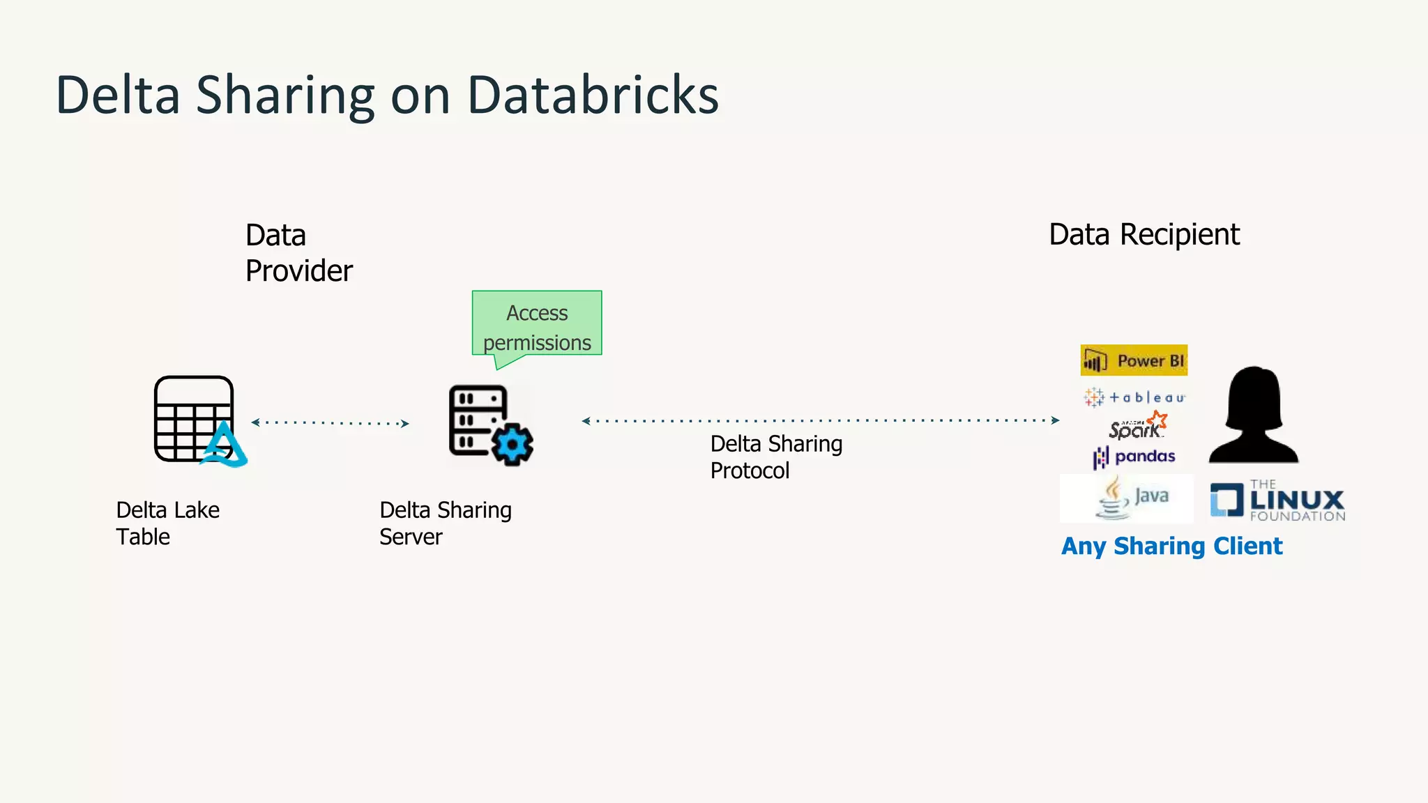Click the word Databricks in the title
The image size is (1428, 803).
point(592,95)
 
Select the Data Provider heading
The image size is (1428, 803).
point(298,252)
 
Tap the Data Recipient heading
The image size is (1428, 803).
point(1144,234)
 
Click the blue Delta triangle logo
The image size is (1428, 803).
point(225,446)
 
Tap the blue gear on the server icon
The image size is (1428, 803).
point(512,444)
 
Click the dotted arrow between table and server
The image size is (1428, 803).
point(330,422)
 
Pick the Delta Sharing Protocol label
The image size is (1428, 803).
point(775,457)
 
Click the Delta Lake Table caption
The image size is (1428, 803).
point(167,523)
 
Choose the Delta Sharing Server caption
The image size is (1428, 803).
point(445,523)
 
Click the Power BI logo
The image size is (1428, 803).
point(1134,360)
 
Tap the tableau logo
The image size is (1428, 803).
point(1134,397)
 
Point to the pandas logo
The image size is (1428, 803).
point(1134,457)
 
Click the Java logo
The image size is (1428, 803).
point(1127,498)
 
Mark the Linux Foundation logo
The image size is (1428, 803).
point(1277,501)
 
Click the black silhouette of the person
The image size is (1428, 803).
point(1254,416)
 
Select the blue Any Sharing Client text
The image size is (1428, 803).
point(1171,546)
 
